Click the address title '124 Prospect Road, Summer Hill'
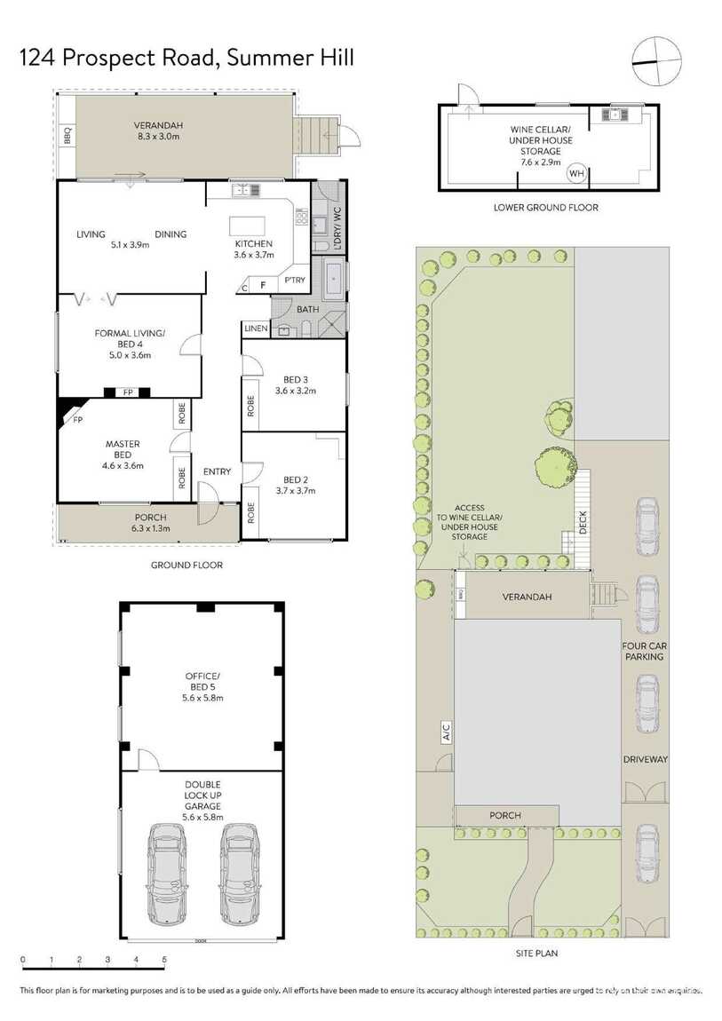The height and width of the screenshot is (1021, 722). (187, 59)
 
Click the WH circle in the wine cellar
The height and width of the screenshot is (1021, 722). (576, 173)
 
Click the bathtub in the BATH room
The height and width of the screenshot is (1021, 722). (334, 278)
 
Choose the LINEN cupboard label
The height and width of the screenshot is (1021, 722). (256, 329)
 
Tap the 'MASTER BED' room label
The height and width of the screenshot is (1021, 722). (123, 454)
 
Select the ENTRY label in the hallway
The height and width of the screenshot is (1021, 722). (217, 471)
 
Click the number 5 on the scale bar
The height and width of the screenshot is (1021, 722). (164, 959)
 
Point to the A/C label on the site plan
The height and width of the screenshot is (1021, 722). (447, 732)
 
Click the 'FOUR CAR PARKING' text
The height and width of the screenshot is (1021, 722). (644, 652)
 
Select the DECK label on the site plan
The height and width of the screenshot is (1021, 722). (583, 523)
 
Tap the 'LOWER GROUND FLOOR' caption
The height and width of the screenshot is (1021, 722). (546, 208)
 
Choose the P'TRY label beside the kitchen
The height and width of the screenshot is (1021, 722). (294, 281)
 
